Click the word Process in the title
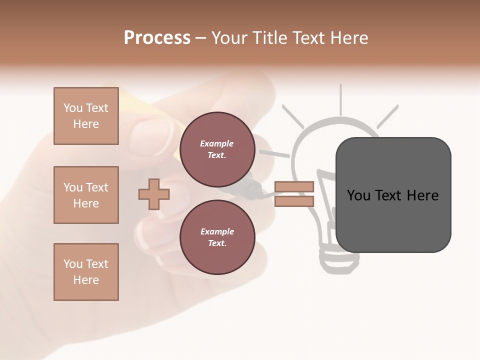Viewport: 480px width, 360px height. click(157, 38)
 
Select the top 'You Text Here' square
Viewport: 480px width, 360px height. click(86, 116)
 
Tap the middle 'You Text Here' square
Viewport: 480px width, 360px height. click(86, 195)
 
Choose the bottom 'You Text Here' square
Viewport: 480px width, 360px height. click(86, 272)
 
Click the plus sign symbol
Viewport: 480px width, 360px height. click(153, 194)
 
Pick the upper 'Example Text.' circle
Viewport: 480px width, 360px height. click(217, 149)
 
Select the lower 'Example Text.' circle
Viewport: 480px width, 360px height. click(217, 237)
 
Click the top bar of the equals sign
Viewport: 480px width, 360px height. click(294, 187)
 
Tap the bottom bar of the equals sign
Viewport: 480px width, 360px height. click(294, 201)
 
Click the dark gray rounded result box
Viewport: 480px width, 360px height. click(393, 195)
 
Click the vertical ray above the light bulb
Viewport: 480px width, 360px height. click(340, 98)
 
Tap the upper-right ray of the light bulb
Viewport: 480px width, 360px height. click(387, 116)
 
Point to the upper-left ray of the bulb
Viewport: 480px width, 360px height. click(292, 116)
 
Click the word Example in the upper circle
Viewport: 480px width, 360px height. click(217, 144)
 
